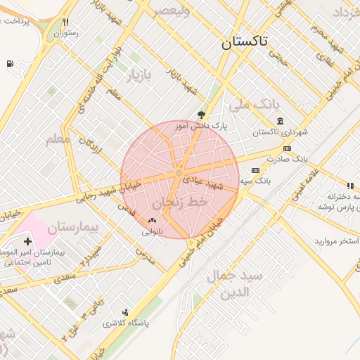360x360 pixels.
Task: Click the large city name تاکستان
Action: (x=244, y=41)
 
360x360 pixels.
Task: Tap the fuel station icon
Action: (x=10, y=64)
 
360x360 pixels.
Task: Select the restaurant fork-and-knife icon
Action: (x=67, y=22)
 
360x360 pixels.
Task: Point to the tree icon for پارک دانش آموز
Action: (x=202, y=115)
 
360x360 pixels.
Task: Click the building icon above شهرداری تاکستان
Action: (x=280, y=122)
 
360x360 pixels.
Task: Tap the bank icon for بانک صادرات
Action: (x=287, y=148)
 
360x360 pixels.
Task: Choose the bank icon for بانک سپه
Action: (x=255, y=170)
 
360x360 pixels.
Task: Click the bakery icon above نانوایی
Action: (x=151, y=220)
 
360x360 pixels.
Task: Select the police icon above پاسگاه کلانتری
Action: (x=125, y=311)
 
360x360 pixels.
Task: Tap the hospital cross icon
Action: (x=27, y=241)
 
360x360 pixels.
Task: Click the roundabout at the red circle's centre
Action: (x=180, y=172)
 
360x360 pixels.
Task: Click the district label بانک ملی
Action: (x=250, y=105)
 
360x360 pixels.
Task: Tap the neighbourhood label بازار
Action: (x=139, y=75)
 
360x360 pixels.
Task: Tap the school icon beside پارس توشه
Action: (x=349, y=186)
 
